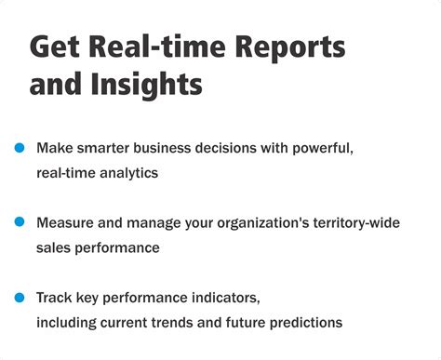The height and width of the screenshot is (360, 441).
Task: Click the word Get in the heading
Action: (54, 48)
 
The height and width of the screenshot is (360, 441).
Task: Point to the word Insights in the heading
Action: (150, 86)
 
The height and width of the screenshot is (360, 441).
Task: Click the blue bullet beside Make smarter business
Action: (19, 148)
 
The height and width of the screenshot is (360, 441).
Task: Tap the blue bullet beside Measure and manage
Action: (19, 222)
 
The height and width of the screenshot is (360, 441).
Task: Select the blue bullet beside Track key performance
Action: (19, 297)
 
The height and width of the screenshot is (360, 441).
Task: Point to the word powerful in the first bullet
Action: (322, 148)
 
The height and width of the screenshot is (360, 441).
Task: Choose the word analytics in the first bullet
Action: (129, 172)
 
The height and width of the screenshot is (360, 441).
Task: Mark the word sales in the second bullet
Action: (53, 247)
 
